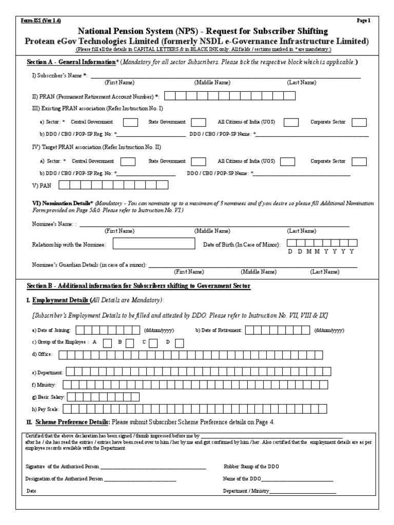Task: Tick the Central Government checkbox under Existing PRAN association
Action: tap(130, 123)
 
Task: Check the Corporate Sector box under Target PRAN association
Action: tap(359, 161)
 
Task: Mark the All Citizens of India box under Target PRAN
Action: tap(287, 161)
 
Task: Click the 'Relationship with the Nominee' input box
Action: tap(154, 244)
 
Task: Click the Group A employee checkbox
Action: tap(108, 342)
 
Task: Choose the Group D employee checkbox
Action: tap(180, 342)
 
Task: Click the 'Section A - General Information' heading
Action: tap(72, 62)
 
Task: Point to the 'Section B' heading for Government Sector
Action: tap(139, 286)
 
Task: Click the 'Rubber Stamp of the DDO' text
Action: tap(251, 467)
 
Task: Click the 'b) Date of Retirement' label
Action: tap(219, 331)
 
